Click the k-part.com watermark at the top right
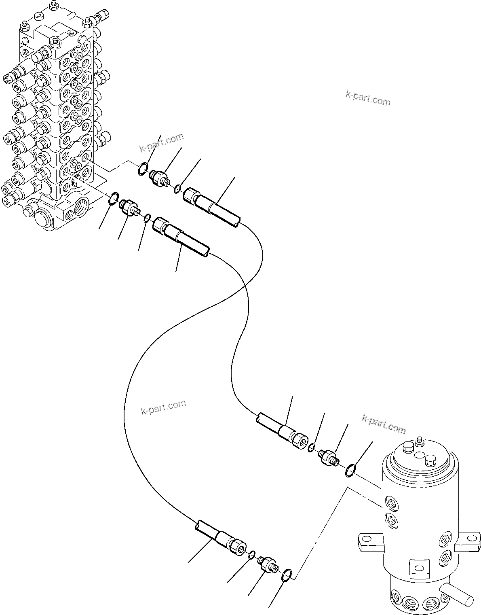pos(368,98)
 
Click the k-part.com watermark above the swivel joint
pos(384,424)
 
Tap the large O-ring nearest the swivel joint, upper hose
pos(350,470)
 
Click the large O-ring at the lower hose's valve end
pos(114,197)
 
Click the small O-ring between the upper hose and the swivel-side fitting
pos(312,447)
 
